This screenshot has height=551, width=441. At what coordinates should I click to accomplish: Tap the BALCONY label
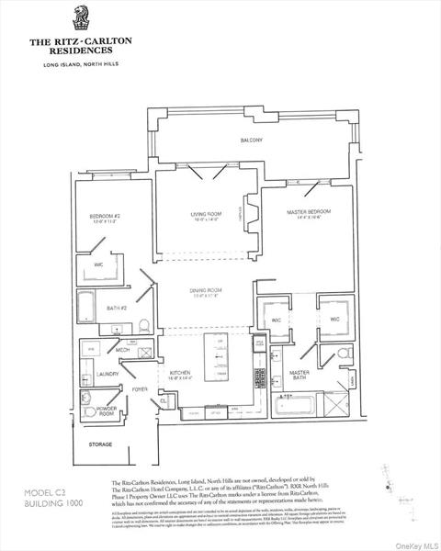252,140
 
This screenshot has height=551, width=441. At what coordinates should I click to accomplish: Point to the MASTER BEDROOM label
306,213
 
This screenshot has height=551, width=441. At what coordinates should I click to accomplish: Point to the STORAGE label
100,444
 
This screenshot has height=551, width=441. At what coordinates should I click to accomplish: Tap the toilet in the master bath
341,354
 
